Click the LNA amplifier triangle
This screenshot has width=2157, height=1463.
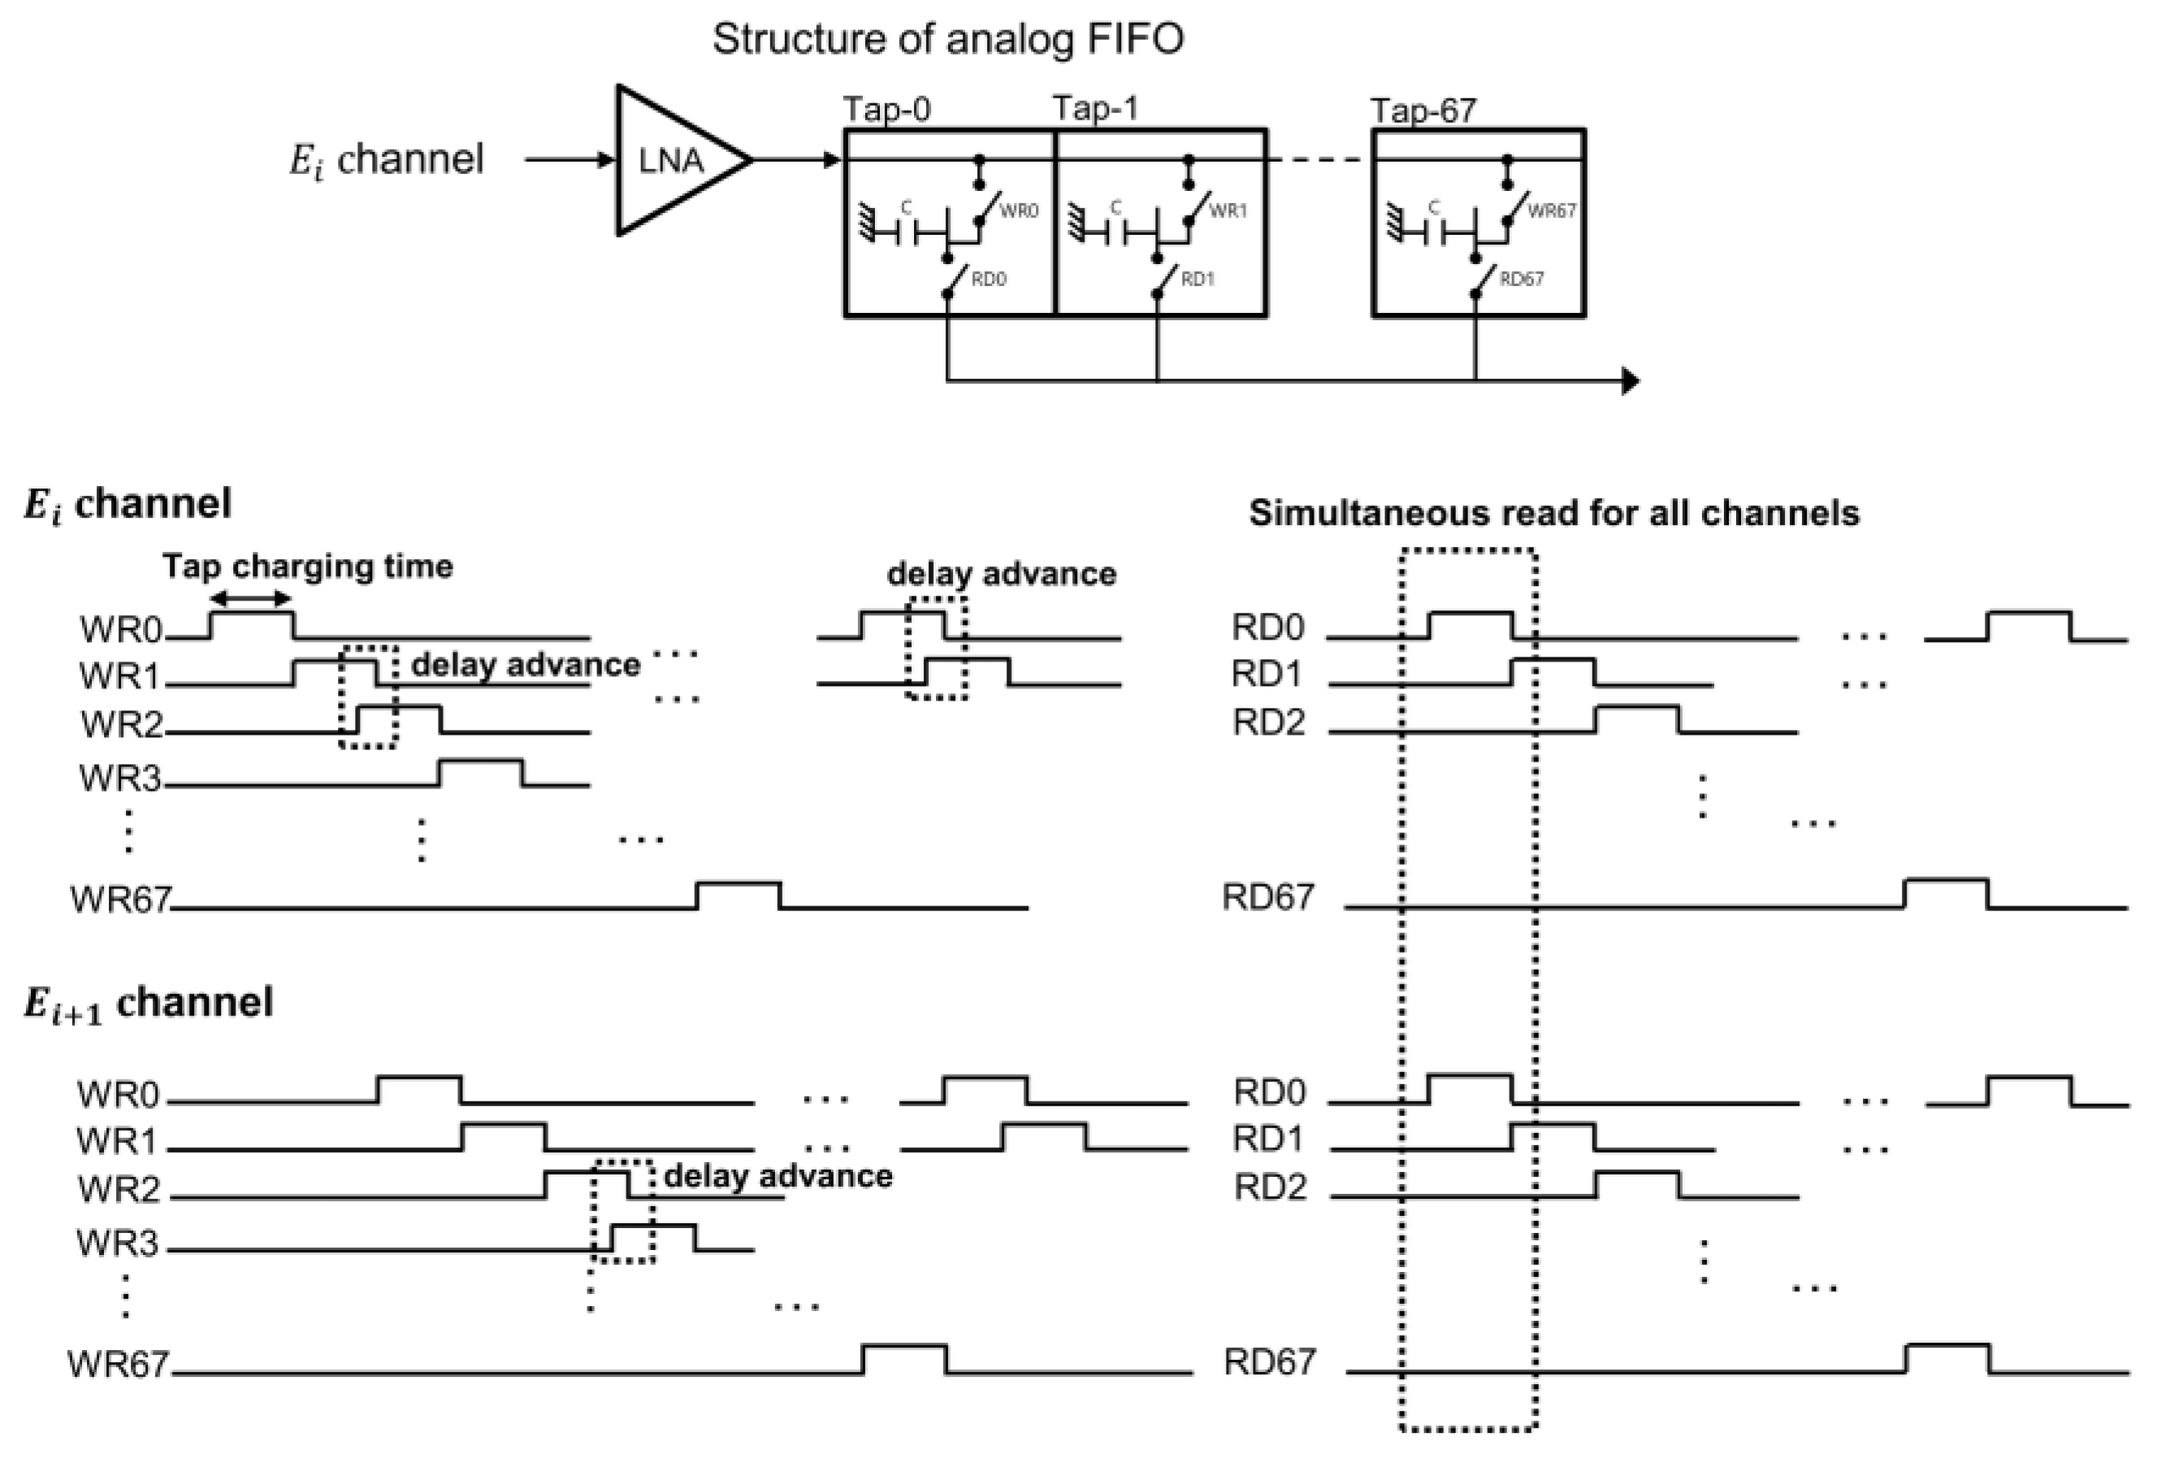[x=673, y=161]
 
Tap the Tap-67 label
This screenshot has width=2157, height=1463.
[x=1422, y=111]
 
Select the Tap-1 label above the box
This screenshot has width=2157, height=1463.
[x=1094, y=109]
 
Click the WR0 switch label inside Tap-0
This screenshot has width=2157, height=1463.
[x=1018, y=211]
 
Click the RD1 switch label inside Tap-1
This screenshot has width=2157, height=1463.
[x=1198, y=279]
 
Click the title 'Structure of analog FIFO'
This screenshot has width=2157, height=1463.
[x=947, y=39]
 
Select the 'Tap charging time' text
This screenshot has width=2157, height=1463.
[x=307, y=566]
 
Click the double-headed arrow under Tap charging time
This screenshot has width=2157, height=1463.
[x=250, y=599]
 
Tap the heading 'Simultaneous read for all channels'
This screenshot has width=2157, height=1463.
[x=1553, y=512]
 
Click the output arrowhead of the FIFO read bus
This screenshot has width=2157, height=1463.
[x=1629, y=380]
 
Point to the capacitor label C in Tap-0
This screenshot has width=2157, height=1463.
[x=906, y=208]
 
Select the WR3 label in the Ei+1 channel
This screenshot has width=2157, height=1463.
[x=118, y=1242]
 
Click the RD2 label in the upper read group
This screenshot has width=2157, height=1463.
[x=1268, y=721]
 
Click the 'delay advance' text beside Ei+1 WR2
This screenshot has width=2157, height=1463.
[x=777, y=1175]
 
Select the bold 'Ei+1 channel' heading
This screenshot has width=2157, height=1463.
[x=149, y=1003]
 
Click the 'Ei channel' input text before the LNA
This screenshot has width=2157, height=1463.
[x=386, y=159]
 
